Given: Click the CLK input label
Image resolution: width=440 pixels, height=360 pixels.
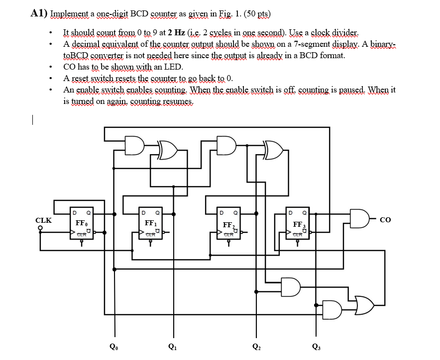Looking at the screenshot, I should (43, 220).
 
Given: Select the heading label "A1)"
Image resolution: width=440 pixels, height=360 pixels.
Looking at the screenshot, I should (39, 13).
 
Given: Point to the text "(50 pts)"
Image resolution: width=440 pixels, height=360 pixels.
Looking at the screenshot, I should (264, 13).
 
